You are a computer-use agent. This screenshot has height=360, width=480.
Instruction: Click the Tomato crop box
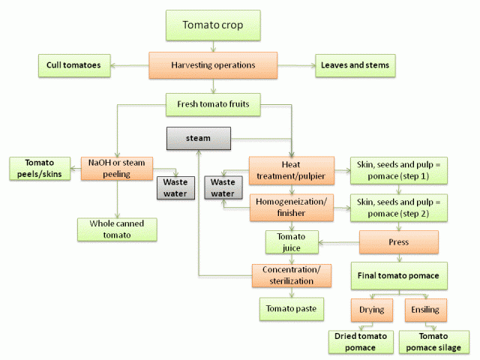pos(213,25)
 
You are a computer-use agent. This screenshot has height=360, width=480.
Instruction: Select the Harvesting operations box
pos(213,65)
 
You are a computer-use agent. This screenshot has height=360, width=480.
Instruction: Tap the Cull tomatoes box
pos(75,65)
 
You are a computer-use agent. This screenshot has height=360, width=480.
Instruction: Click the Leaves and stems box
pos(355,65)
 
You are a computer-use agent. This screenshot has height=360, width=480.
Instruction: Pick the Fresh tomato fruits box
pos(213,104)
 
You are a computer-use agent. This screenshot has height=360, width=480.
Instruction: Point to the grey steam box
pos(198,138)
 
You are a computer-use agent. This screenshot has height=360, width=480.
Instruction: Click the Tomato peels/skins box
pos(40,168)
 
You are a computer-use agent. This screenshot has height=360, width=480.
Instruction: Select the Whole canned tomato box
pos(117,229)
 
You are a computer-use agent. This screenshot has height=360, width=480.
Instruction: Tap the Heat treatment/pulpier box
pos(289,170)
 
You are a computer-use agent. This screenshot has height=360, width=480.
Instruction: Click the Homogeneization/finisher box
pos(289,208)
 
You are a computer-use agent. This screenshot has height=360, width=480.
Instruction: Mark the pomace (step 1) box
pos(399,170)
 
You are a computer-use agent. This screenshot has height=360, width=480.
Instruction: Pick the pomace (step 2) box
pos(399,208)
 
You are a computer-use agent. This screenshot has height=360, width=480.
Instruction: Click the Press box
pos(399,242)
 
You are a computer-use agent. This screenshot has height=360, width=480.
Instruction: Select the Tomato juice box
pos(292,242)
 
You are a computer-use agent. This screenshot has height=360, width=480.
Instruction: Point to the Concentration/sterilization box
pos(292,275)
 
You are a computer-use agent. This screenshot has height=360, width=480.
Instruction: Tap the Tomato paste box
pos(292,308)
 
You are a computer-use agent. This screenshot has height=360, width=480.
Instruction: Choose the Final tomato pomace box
pos(399,275)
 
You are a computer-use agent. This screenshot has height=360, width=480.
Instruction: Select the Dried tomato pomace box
pos(361,342)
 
